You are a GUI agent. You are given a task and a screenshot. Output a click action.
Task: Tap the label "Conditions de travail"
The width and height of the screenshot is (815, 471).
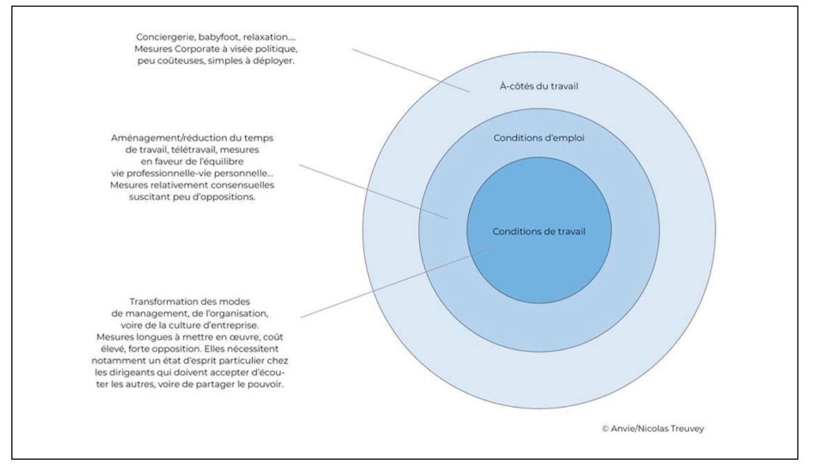[539, 232]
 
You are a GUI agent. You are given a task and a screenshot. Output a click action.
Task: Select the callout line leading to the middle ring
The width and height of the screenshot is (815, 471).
[372, 191]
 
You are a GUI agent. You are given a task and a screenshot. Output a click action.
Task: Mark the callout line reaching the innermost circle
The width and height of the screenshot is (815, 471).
[403, 280]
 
